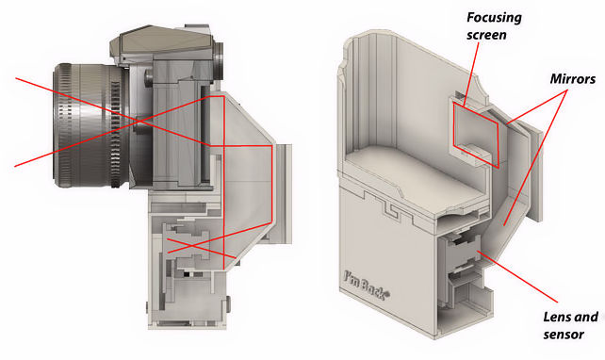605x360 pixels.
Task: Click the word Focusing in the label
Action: (494, 18)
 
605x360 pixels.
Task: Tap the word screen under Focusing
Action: (486, 35)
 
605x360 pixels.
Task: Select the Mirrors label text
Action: (573, 79)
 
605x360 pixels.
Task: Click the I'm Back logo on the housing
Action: (367, 286)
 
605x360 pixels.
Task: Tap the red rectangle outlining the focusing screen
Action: (476, 135)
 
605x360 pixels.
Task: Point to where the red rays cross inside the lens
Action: (139, 122)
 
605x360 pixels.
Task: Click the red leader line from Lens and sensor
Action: (518, 275)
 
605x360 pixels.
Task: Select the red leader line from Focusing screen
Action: (472, 73)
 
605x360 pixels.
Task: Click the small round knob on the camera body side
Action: (149, 78)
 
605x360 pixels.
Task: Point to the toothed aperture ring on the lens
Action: (115, 125)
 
